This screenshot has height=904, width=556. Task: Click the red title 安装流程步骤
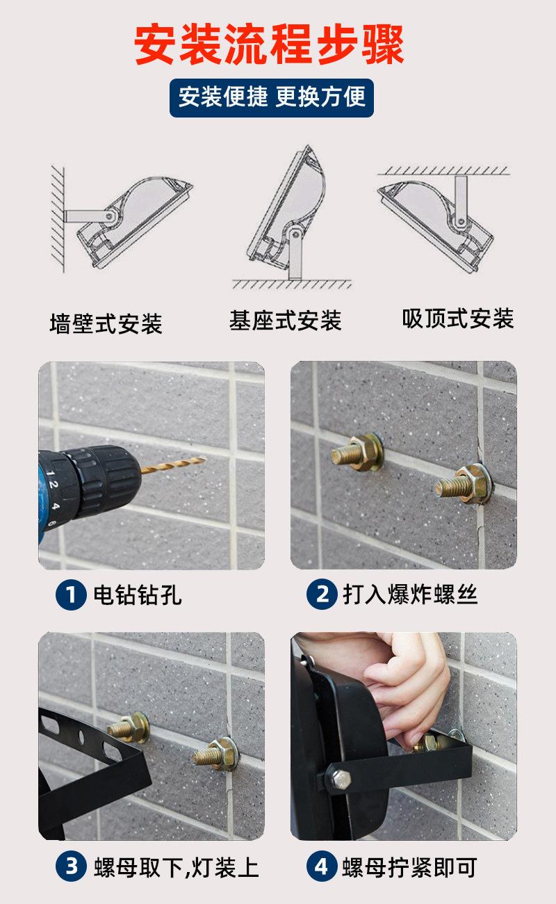(269, 44)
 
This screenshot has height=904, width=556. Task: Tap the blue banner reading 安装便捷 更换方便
(272, 97)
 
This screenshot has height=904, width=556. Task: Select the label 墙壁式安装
(106, 323)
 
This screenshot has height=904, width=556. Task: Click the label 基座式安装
(285, 321)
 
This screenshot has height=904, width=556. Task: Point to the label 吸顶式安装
(458, 318)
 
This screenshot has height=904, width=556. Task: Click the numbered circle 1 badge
(71, 595)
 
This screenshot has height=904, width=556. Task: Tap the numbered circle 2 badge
(322, 594)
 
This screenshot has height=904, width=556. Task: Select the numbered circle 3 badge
(71, 866)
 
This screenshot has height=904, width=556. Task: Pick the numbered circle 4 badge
(322, 866)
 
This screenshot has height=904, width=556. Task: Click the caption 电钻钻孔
(138, 595)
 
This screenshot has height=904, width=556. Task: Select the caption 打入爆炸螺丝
(410, 594)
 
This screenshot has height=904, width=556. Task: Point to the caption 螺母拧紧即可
(409, 866)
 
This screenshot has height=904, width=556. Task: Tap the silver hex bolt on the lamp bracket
(339, 779)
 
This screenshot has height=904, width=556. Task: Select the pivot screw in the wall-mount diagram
(109, 216)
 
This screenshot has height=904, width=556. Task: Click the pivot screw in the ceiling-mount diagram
(460, 221)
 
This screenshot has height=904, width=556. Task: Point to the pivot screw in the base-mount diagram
(296, 234)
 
